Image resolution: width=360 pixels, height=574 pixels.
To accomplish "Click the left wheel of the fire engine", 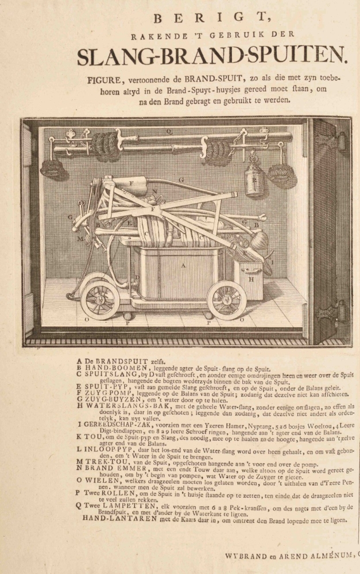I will pyautogui.click(x=100, y=299).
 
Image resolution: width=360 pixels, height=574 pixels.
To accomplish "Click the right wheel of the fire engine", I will pyautogui.click(x=227, y=300).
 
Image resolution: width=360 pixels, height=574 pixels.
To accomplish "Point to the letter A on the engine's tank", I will pyautogui.click(x=183, y=266).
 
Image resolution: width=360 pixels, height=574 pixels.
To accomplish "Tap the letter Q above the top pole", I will pyautogui.click(x=169, y=131).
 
